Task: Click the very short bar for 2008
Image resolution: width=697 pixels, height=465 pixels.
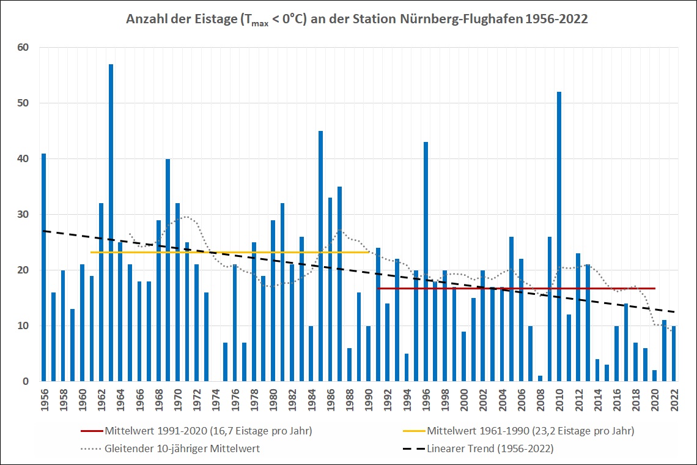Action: [540, 379]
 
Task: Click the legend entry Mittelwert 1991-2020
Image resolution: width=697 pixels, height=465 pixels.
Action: [208, 431]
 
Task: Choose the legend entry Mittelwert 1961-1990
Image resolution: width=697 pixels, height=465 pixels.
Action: [530, 431]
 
